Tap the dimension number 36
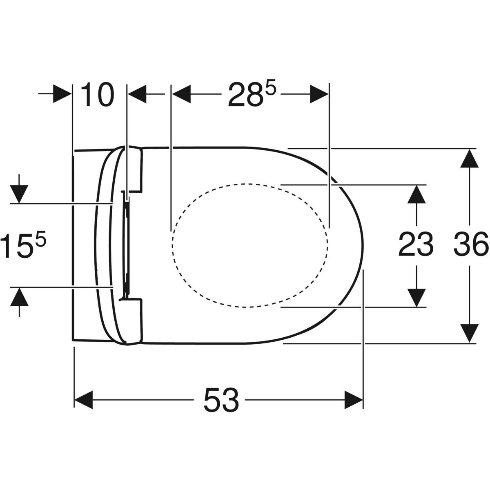coord(471,244)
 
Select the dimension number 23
coord(416,244)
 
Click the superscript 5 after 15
coord(40,238)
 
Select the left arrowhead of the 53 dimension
coord(83,400)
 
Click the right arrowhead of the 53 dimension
coord(354,400)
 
